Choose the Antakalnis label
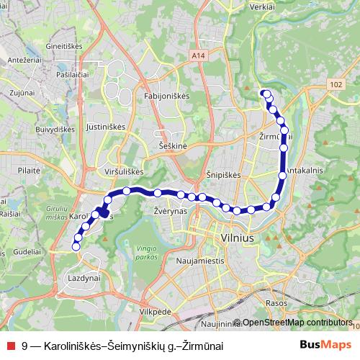307,171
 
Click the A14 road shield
199,54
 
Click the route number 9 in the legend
25,346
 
